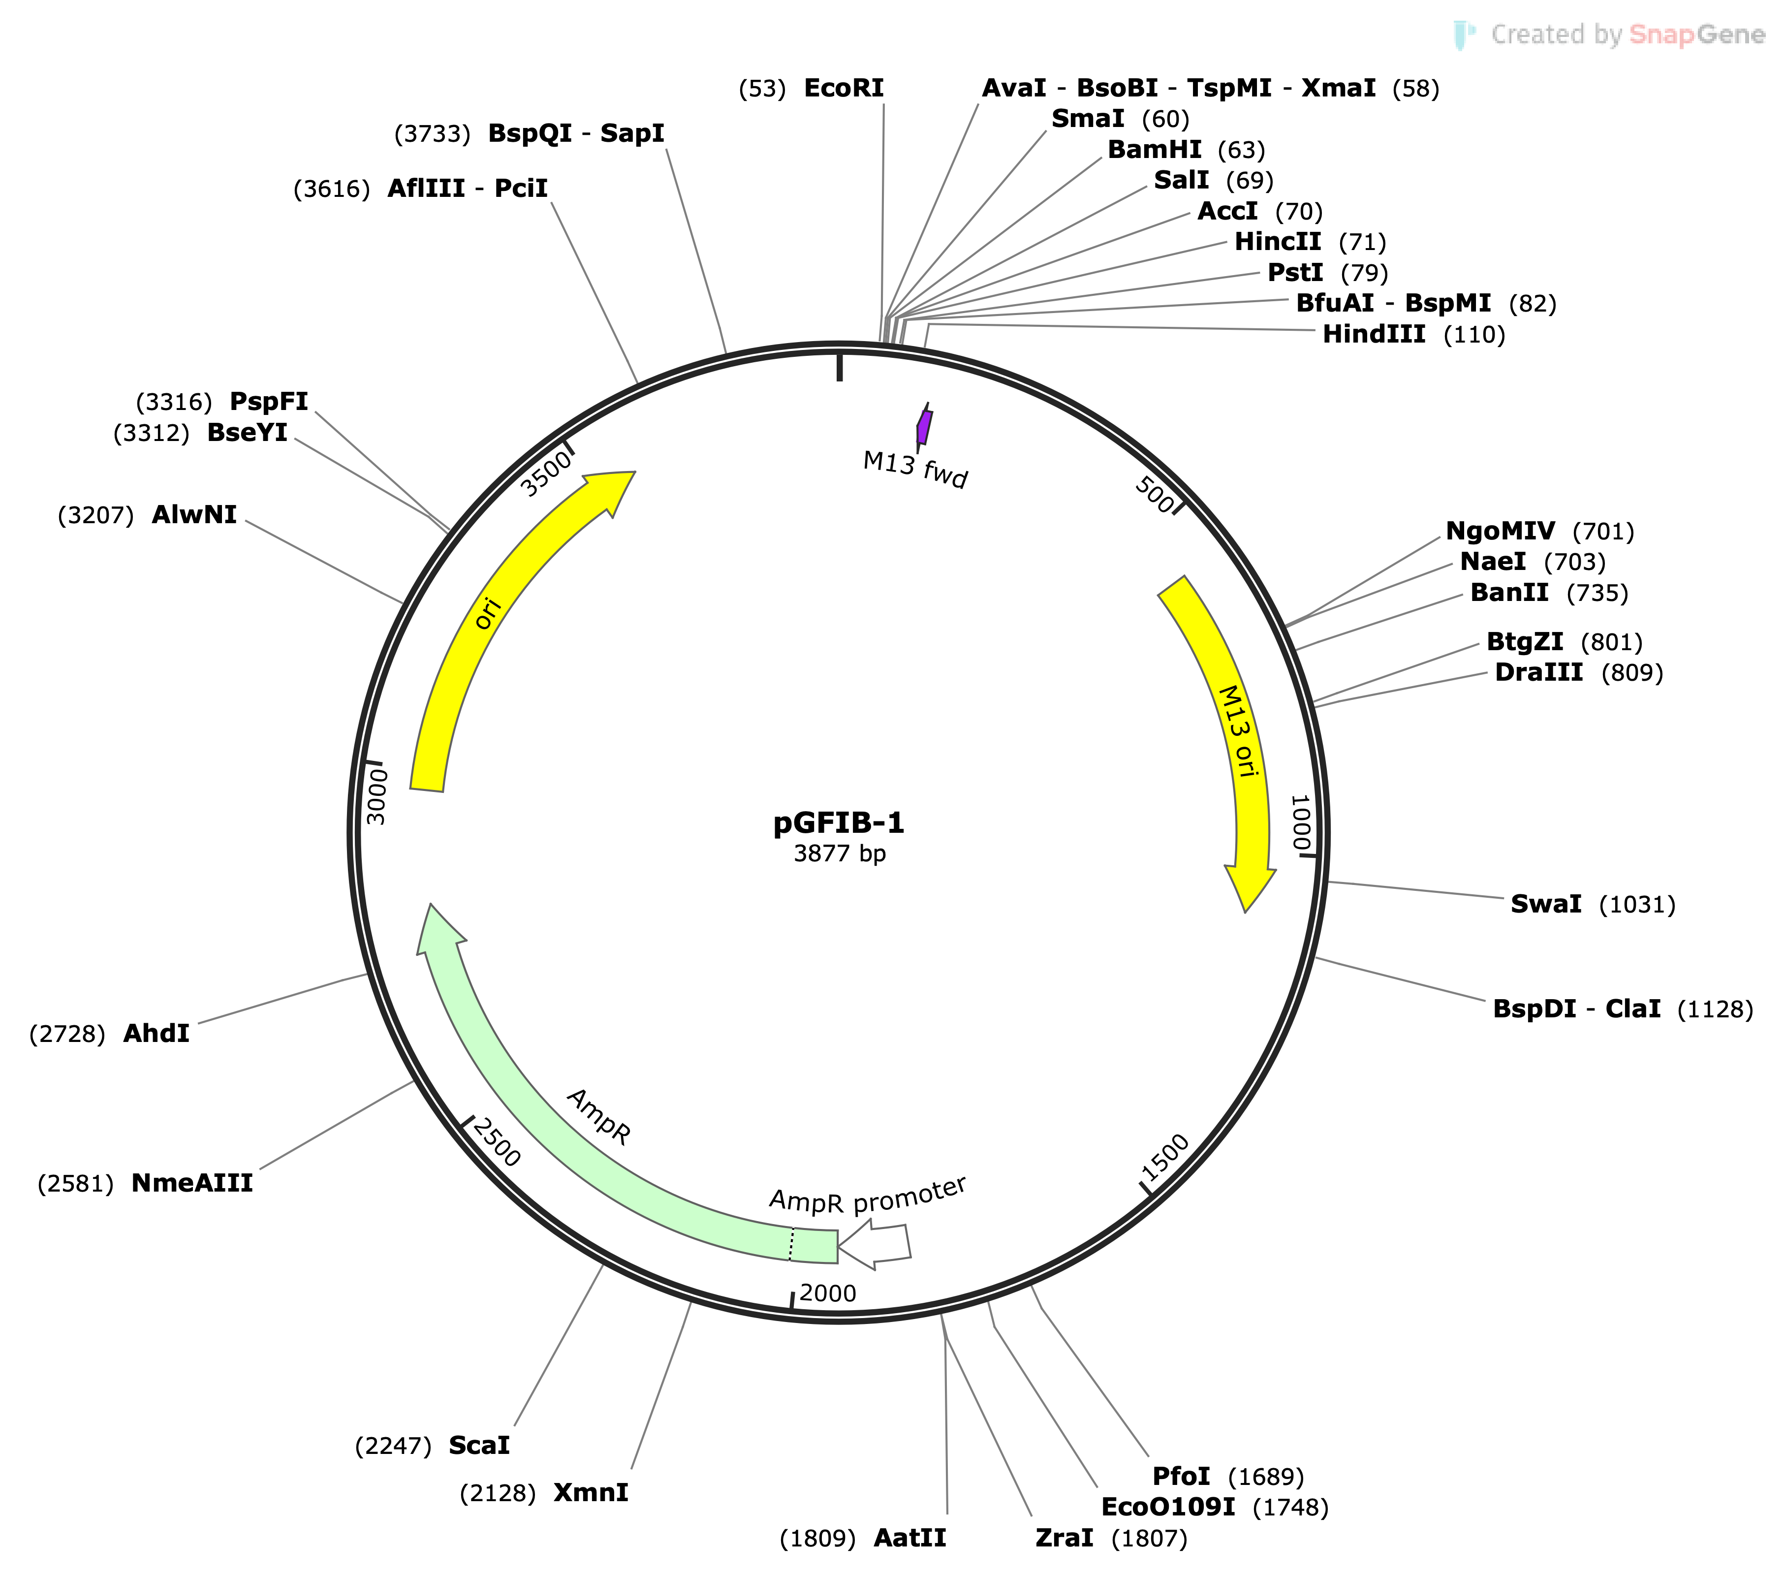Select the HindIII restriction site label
click(x=1374, y=334)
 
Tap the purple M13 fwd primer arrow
click(x=924, y=427)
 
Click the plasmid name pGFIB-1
click(x=839, y=822)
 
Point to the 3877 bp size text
click(x=839, y=853)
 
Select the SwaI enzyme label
click(x=1546, y=904)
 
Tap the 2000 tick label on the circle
click(x=827, y=1292)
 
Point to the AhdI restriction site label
click(x=157, y=1033)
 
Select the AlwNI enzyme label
click(x=194, y=515)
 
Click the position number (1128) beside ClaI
click(x=1714, y=1009)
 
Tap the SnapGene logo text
click(x=1627, y=35)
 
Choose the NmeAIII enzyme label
click(x=192, y=1183)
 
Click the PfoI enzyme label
click(x=1181, y=1476)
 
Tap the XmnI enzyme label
click(x=591, y=1492)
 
